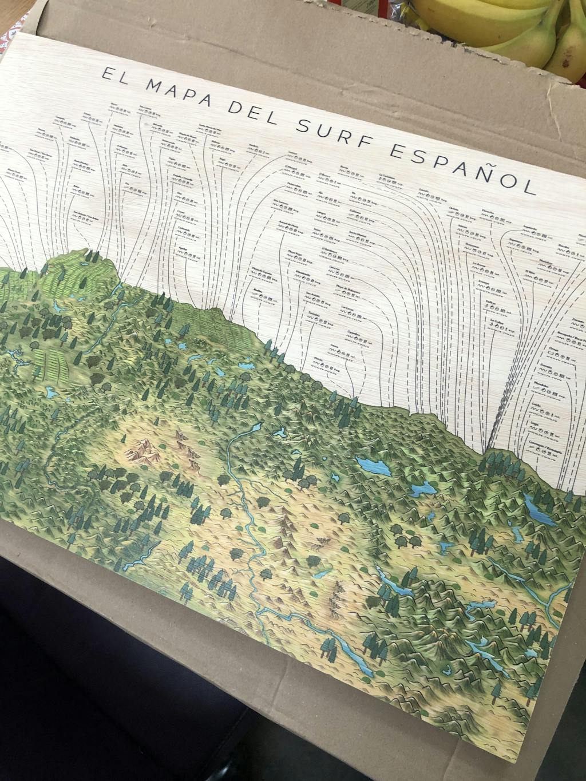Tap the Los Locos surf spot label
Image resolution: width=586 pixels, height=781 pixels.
point(347,308)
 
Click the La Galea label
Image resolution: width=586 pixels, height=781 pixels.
point(497,320)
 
